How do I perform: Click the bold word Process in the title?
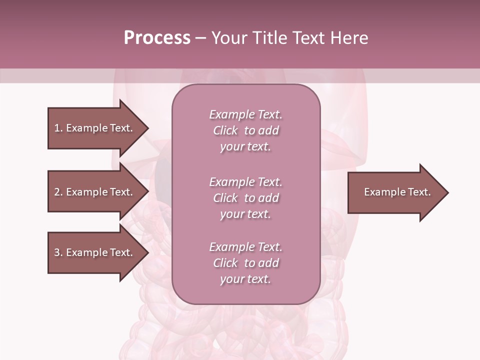(157, 38)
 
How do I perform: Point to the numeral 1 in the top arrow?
(57, 128)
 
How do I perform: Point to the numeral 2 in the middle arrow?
(57, 192)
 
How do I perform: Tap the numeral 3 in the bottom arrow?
(57, 252)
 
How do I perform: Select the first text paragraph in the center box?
(245, 130)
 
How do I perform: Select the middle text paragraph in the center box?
(245, 198)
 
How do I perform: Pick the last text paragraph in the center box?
(245, 263)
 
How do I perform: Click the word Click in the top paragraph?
(225, 130)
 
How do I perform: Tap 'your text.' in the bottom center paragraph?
(245, 279)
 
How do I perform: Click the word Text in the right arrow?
(419, 192)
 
